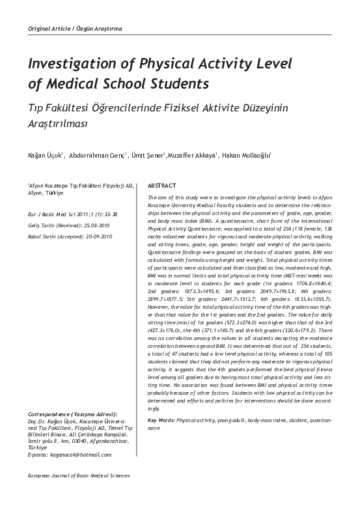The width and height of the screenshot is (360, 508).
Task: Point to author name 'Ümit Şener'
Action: click(x=148, y=155)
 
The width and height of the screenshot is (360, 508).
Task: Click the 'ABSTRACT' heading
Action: click(x=163, y=186)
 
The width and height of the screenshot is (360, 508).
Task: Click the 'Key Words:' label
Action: click(x=161, y=439)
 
